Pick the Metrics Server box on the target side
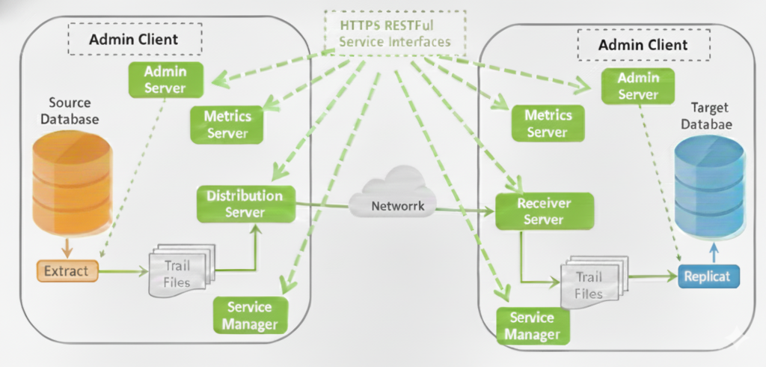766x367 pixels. coord(548,123)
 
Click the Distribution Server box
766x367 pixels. coord(245,204)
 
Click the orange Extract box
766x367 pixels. coord(67,271)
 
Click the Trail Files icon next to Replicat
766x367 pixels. coord(592,282)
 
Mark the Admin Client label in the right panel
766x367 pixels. coord(643,45)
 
